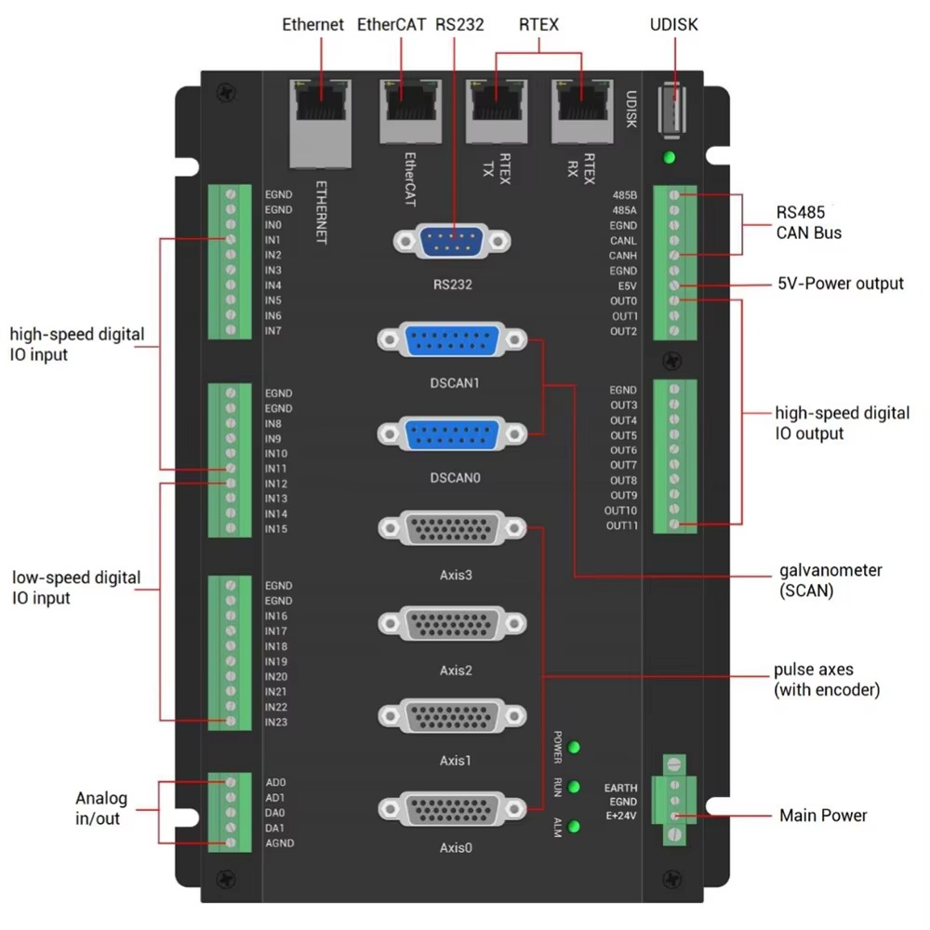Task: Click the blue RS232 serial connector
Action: pos(453,244)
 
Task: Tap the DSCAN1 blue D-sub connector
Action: pos(453,341)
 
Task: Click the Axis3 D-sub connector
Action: pos(453,530)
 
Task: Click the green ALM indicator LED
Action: pos(575,826)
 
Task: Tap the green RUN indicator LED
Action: pos(575,787)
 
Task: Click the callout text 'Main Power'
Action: pos(822,816)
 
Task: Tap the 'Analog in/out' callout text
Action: pos(100,808)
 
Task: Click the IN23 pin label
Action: pos(276,723)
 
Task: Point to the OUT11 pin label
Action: pos(621,526)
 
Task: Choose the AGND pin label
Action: pos(280,844)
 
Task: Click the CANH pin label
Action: pos(623,256)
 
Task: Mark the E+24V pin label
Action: pos(620,816)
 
